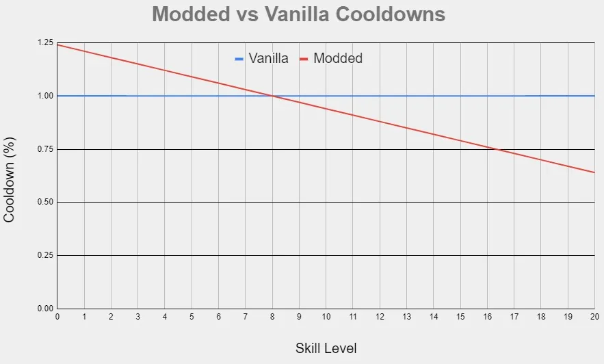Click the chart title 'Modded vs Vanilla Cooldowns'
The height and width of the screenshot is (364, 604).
coord(298,14)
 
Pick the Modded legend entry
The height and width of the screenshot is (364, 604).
coord(331,59)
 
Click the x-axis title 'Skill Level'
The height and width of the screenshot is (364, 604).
coord(326,348)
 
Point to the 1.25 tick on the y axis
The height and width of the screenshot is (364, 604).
coord(44,43)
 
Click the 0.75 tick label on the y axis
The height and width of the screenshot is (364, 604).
coord(44,149)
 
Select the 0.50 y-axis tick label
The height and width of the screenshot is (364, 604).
coord(44,203)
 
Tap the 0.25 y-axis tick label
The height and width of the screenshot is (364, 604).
coord(44,255)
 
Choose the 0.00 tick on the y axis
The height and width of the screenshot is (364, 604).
coord(44,309)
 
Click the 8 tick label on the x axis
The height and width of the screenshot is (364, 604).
coord(272,317)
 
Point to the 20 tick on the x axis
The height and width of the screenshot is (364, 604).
coord(594,317)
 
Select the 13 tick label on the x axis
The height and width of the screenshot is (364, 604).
coord(406,317)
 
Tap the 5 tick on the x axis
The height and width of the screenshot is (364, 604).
coord(192,317)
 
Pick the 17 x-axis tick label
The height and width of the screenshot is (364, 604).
coord(514,317)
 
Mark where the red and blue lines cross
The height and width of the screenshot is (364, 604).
coord(272,96)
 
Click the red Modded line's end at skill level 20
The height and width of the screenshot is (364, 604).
coord(594,172)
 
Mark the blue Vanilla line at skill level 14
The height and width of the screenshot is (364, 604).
coord(433,96)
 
